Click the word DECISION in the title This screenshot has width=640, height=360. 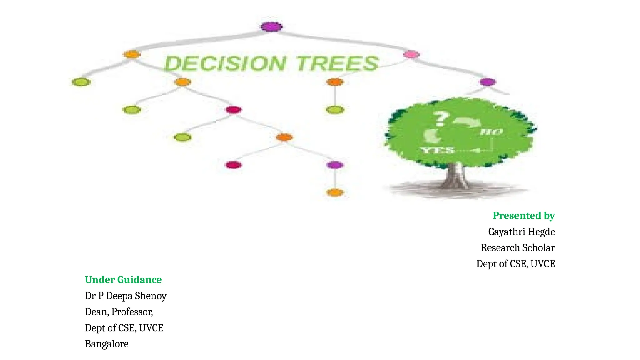tap(225, 63)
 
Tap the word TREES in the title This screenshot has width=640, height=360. tap(337, 63)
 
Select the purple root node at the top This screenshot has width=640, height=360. tap(272, 27)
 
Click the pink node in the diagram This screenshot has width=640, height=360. tap(411, 54)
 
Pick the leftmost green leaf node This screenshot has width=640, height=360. tap(81, 82)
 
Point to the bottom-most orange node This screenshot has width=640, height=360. tap(335, 192)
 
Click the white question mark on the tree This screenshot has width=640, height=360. tap(440, 119)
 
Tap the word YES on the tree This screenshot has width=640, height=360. tap(437, 150)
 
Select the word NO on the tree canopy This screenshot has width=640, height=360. tap(491, 132)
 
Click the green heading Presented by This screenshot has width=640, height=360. tap(523, 216)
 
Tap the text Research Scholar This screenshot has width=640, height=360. tap(517, 248)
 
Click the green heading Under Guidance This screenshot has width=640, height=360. tap(123, 280)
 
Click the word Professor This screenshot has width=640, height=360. tap(132, 312)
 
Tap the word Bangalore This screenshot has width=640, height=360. tap(107, 344)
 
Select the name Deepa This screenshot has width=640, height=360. tap(119, 296)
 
